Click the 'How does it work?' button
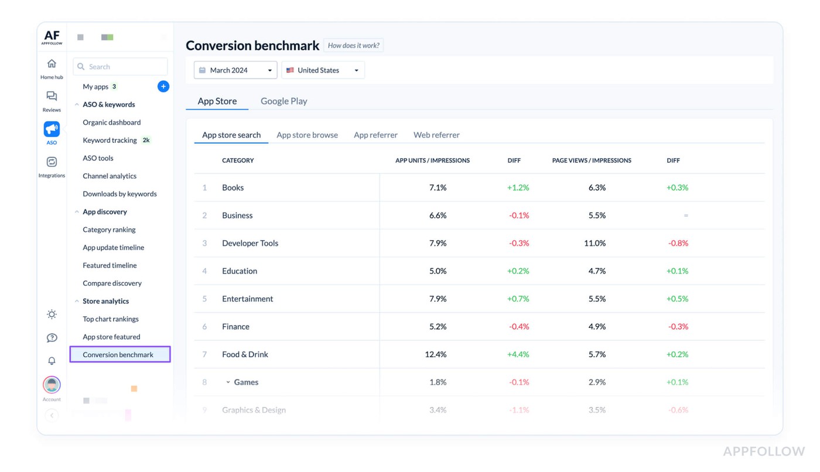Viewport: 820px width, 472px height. (x=353, y=46)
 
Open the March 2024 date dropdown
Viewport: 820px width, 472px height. (x=235, y=70)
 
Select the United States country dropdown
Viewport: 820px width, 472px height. (x=323, y=70)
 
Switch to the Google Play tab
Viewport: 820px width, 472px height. (x=283, y=101)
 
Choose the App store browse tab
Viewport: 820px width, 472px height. (x=307, y=135)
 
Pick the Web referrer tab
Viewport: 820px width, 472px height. (x=436, y=135)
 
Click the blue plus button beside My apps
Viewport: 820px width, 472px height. (x=163, y=87)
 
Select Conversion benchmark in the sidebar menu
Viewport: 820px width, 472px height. (x=118, y=355)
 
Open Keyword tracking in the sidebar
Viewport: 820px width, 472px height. (x=110, y=141)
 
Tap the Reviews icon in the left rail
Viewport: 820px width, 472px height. (x=52, y=97)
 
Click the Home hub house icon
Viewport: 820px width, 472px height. (x=52, y=64)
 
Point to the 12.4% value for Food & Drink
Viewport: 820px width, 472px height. (x=436, y=355)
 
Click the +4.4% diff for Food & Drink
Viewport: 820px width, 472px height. (x=518, y=355)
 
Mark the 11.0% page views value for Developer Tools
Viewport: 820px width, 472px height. (x=594, y=244)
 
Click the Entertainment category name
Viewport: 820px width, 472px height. (x=247, y=299)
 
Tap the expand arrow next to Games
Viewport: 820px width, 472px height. (x=228, y=382)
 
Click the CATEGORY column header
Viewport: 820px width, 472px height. (x=238, y=160)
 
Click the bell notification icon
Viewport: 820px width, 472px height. (x=52, y=361)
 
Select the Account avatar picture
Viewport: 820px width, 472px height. (x=52, y=385)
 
